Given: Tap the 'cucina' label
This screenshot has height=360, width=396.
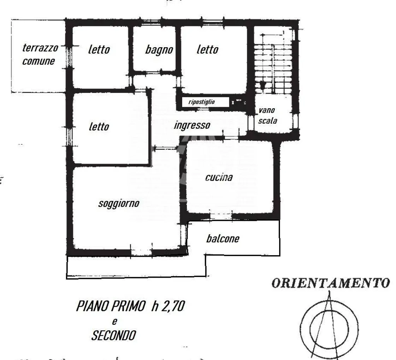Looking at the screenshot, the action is (219, 177).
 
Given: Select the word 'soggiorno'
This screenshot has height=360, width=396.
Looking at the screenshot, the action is (119, 204).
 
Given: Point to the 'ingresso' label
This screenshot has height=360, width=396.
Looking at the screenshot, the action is (192, 125).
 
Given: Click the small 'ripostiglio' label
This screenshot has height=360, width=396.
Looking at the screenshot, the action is (201, 102).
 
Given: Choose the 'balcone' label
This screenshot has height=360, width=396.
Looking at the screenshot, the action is (223, 239).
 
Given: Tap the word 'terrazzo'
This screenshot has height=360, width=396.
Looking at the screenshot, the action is (40, 48).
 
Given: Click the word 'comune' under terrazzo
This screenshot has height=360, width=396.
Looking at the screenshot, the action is (38, 61).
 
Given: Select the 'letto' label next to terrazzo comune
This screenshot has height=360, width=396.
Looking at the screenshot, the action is (99, 49).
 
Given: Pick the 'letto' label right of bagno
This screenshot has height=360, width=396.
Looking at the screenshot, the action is (208, 49).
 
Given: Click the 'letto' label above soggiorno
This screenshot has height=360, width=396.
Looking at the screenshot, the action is (99, 126).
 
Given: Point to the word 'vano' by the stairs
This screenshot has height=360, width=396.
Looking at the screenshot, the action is (267, 110).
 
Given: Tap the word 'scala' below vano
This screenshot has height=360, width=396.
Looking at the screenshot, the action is (268, 121).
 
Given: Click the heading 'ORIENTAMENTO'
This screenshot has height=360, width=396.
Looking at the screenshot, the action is (331, 283).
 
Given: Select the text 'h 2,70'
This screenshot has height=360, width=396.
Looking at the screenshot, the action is (168, 306).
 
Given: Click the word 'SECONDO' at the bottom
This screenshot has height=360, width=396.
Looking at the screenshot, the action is (114, 336).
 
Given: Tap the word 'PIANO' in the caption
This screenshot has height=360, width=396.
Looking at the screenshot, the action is (92, 306).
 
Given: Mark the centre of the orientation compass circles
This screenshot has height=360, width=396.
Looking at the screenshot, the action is (329, 329).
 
